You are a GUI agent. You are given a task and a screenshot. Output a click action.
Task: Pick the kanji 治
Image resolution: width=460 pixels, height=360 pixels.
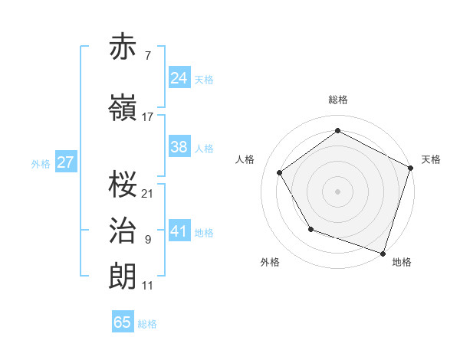[123, 231]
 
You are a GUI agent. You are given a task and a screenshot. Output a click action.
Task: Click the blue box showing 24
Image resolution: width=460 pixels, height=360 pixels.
[179, 78]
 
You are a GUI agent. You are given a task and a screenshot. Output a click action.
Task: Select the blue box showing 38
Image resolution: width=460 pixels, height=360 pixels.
[179, 147]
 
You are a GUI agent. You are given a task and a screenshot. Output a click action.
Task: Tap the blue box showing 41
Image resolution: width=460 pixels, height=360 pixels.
[179, 231]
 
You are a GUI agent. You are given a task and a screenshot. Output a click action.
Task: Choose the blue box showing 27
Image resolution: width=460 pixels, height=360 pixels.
[65, 162]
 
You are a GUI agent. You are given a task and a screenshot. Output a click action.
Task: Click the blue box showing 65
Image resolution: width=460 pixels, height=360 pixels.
[123, 322]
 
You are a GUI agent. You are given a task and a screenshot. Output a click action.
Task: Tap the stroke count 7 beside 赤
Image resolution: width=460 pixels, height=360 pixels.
[147, 56]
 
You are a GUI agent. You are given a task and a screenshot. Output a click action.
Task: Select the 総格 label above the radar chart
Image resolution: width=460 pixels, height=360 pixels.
[337, 100]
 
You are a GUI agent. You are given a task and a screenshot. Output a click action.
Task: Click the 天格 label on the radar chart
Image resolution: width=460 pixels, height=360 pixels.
[431, 159]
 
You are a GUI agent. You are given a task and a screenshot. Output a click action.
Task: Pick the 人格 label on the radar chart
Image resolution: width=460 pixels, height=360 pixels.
[245, 159]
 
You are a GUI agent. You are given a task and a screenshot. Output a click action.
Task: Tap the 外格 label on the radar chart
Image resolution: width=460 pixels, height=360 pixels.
[270, 262]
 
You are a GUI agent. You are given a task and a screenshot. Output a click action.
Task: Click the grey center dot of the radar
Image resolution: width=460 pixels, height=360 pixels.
[337, 191]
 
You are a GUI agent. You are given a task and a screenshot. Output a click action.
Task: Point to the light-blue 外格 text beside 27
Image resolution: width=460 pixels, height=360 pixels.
[41, 163]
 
